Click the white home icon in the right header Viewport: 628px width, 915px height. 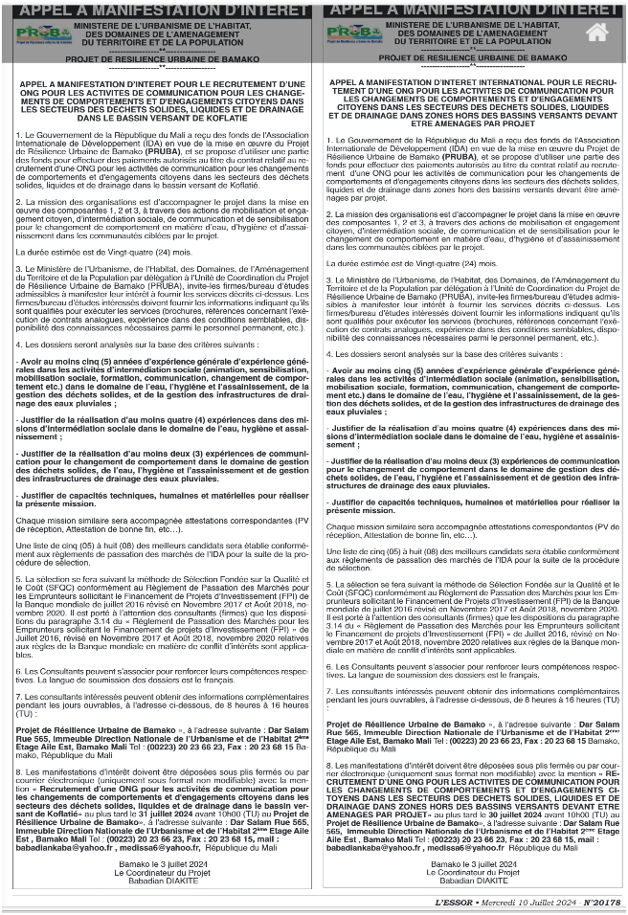point(596,32)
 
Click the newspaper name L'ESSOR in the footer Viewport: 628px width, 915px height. point(454,902)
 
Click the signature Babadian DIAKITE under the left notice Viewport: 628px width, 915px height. point(159,880)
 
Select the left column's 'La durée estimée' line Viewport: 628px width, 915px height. point(82,251)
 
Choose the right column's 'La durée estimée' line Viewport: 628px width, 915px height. point(392,262)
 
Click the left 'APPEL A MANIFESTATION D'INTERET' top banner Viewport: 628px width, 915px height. point(159,9)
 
